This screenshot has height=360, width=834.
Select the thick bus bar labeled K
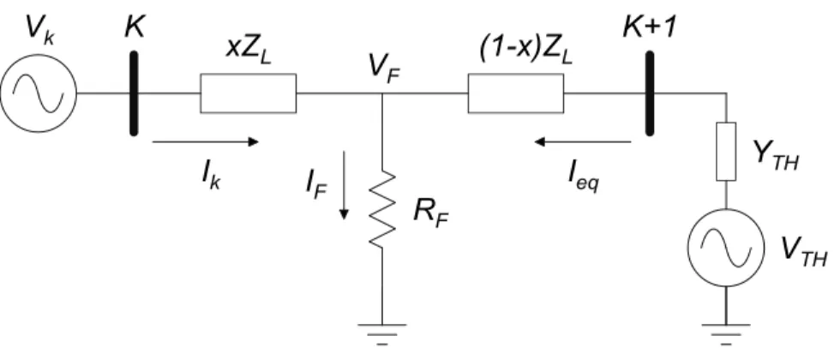coord(134,93)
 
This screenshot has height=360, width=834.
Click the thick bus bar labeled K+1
coord(650,93)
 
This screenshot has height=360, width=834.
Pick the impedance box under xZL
coord(248,93)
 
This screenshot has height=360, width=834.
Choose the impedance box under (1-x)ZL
coord(515,93)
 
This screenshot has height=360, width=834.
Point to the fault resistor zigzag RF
coord(382,210)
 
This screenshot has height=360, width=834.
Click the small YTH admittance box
coord(726,152)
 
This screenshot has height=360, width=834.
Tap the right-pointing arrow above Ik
coord(205,141)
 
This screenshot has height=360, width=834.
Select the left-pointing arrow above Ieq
coord(582,141)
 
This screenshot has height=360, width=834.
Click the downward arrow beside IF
coord(344,185)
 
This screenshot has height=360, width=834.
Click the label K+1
coord(650,27)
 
